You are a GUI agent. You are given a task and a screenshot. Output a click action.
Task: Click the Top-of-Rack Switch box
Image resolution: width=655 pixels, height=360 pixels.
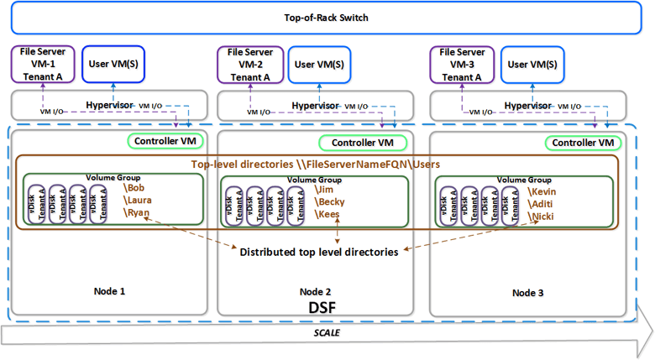327,18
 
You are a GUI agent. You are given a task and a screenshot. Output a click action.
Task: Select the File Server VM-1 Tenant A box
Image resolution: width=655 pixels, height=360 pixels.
42,64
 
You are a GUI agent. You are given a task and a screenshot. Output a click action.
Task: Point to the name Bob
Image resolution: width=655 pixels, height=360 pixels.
134,189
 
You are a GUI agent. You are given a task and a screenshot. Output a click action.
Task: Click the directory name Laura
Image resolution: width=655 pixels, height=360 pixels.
139,201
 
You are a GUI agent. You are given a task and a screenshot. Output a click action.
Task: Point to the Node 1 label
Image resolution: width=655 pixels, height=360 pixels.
109,291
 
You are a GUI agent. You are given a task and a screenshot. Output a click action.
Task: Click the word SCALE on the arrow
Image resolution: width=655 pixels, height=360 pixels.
325,334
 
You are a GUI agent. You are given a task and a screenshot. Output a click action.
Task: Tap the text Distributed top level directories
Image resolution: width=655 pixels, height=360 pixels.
319,252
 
